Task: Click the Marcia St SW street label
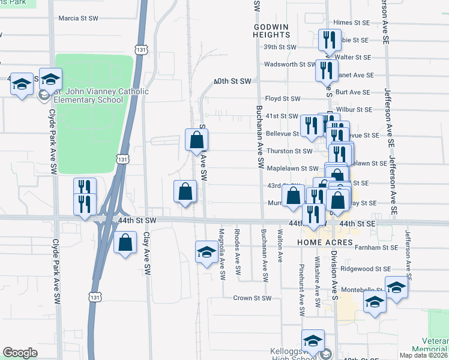[78, 19]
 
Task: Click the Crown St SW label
[252, 298]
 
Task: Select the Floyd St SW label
[282, 98]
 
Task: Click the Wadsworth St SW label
[289, 64]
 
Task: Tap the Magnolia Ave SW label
[222, 254]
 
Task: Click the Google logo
[20, 353]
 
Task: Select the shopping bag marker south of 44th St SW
[124, 243]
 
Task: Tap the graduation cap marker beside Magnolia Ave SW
[207, 252]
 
